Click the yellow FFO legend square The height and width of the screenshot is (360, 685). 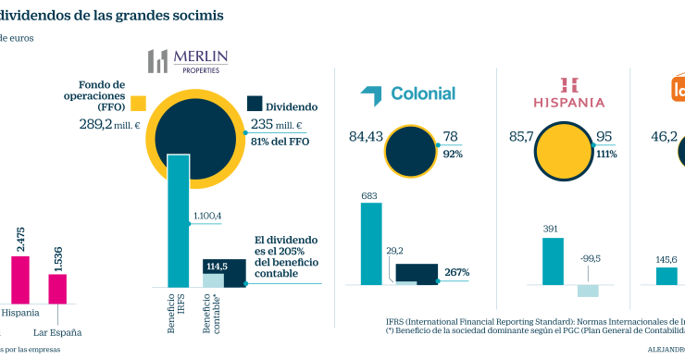tap(140, 102)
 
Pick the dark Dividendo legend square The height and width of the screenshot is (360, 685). tap(256, 106)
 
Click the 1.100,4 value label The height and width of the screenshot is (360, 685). tap(206, 216)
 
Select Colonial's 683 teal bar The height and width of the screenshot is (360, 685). tap(370, 242)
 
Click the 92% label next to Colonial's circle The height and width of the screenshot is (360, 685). tap(453, 155)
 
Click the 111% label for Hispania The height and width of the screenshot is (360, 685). tap(606, 155)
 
